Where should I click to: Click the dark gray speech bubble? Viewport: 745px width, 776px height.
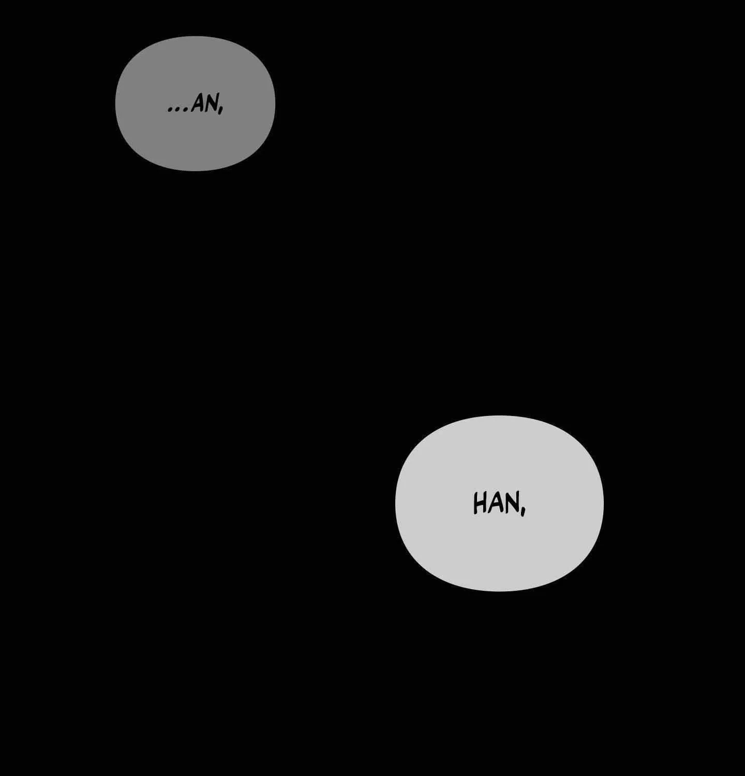pos(195,103)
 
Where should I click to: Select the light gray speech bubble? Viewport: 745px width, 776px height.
pos(499,503)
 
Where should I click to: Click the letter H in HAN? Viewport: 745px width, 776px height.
pos(480,503)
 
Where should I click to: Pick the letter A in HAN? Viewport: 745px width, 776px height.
pos(495,503)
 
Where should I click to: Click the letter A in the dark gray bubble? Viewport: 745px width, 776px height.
pos(197,104)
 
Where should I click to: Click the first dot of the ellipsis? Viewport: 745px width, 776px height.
pos(171,110)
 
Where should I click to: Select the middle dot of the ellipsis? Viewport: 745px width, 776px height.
pos(178,110)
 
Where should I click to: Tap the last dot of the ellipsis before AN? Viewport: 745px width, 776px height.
pos(186,110)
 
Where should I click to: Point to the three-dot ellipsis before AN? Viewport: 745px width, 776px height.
pos(178,110)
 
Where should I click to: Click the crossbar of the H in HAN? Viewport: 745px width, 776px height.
pos(480,503)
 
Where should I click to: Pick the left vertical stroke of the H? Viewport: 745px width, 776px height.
pos(475,504)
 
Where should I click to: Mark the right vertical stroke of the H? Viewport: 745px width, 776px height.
pos(484,503)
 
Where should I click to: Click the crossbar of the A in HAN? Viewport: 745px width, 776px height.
pos(496,507)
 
